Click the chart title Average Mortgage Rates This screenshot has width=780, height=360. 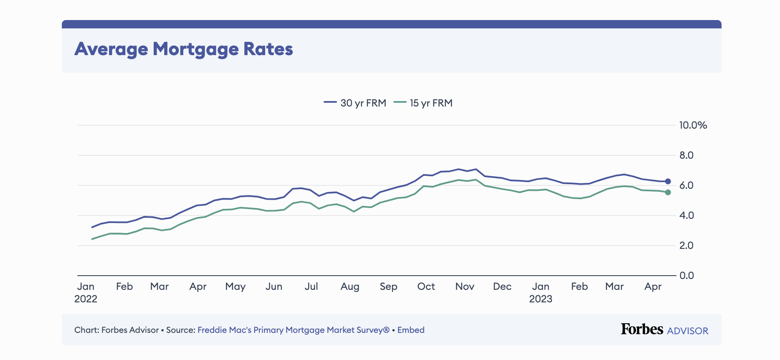click(x=184, y=49)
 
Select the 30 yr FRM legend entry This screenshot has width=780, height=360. click(x=355, y=103)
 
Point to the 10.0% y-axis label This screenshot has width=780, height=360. click(x=693, y=125)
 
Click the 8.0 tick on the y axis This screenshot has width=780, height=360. click(x=686, y=155)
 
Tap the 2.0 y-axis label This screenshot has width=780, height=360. click(x=686, y=246)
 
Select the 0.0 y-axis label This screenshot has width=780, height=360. click(x=686, y=276)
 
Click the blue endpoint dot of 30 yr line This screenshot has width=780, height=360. click(x=668, y=181)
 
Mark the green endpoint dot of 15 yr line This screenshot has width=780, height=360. click(x=668, y=192)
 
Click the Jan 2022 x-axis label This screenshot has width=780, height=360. click(x=86, y=292)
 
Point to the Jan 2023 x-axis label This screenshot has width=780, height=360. click(x=541, y=292)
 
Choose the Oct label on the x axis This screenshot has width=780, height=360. click(x=426, y=286)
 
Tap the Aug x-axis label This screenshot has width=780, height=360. click(x=350, y=286)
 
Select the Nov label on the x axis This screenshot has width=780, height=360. click(x=465, y=286)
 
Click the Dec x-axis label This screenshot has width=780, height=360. click(x=502, y=286)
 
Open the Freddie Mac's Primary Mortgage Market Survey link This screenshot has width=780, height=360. click(x=293, y=330)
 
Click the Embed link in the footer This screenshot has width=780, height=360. click(x=411, y=330)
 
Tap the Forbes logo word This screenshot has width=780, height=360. click(x=642, y=329)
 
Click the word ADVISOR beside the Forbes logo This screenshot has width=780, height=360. click(x=688, y=331)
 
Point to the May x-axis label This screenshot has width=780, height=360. click(x=236, y=286)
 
